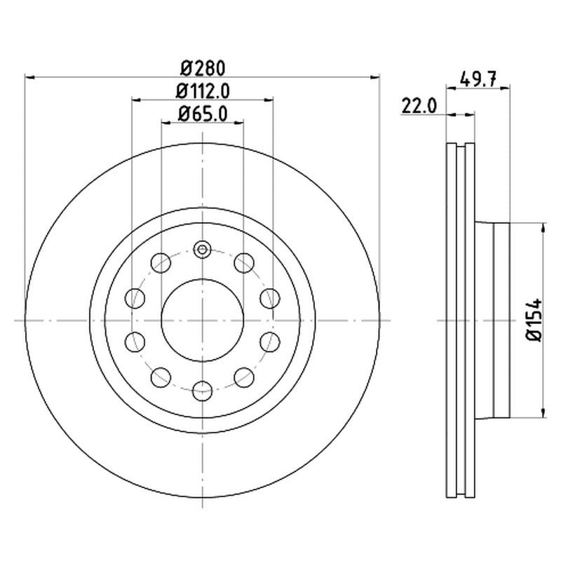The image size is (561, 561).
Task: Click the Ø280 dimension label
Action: coord(203,68)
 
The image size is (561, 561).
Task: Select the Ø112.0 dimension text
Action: coord(203,92)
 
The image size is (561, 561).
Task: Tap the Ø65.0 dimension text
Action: coord(203,114)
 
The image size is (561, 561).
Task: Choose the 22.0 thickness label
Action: coord(419,106)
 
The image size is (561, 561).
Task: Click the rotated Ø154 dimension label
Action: coord(534,320)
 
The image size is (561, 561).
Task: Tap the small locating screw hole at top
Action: coord(202,250)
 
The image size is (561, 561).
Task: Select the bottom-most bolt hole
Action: coord(202,391)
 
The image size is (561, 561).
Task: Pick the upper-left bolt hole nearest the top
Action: coord(161,263)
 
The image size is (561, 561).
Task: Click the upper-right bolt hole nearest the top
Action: coord(244,263)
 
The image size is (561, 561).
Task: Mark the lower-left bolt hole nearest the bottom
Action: coord(161,377)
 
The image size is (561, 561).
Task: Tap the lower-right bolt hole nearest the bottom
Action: coord(244,377)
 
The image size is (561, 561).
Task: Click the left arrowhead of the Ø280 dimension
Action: coord(29,77)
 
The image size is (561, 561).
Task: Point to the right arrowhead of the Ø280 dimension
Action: coord(374,77)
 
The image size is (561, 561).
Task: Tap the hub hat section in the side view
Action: coord(492,320)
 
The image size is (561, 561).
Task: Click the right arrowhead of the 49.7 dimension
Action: coord(505,87)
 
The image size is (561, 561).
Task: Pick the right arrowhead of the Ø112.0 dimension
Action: coord(269,100)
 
